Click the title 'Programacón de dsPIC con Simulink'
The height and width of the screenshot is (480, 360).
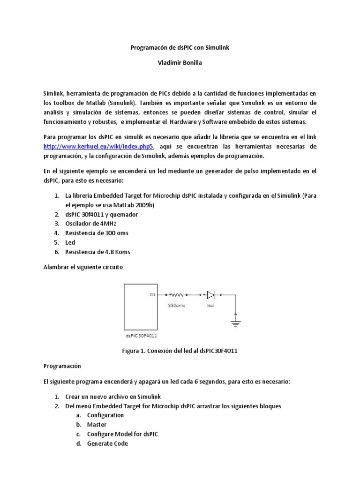(x=180, y=48)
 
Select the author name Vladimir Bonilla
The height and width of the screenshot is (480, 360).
(x=180, y=63)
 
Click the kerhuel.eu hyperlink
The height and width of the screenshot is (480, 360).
(x=98, y=146)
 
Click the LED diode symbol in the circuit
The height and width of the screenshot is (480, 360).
(x=211, y=295)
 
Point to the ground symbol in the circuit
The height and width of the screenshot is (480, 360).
(x=235, y=322)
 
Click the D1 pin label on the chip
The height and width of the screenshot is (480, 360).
(x=152, y=295)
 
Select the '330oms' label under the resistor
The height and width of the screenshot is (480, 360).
(x=177, y=306)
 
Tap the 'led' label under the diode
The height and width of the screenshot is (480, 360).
(x=210, y=306)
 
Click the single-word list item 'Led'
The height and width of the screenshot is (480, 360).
(x=70, y=242)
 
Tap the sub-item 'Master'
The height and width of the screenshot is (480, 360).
(x=97, y=425)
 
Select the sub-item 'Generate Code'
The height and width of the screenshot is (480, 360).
(x=107, y=443)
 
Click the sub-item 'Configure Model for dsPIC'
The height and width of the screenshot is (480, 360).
(x=122, y=434)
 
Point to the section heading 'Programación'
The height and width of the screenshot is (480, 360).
(x=62, y=366)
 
